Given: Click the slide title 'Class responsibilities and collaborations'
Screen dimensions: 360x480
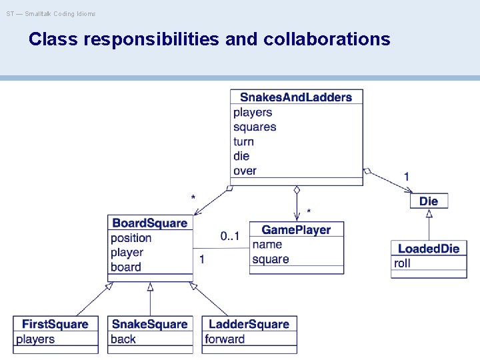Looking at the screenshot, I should click(209, 39).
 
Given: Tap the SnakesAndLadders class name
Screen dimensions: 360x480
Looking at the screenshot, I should click(296, 97).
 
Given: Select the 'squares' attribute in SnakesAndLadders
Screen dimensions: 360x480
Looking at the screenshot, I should click(255, 127).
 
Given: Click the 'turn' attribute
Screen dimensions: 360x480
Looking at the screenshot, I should click(243, 141).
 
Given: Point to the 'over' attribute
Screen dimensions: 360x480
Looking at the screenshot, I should click(245, 171).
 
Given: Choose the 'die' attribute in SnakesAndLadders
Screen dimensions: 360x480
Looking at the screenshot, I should click(241, 156).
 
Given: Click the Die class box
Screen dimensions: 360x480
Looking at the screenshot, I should click(429, 201).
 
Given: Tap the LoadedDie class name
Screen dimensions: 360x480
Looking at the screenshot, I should click(429, 249).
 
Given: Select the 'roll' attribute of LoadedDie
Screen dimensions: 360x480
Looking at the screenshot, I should click(403, 263).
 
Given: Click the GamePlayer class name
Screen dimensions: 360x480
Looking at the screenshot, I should click(296, 230).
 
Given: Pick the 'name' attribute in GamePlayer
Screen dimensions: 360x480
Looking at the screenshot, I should click(267, 245).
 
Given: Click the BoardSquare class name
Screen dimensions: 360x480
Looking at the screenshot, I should click(150, 223).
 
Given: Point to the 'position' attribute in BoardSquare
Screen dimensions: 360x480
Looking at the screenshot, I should click(131, 238).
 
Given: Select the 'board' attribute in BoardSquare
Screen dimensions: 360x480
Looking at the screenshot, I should click(126, 267).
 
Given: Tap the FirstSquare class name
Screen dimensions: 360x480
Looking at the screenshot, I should click(55, 325).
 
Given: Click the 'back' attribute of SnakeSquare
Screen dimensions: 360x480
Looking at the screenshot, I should click(123, 339).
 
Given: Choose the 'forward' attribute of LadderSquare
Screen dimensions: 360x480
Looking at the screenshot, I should click(225, 339).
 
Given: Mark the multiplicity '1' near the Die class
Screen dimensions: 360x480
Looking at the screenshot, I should click(407, 177).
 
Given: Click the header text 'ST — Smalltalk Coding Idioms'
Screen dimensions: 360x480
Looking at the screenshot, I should click(51, 13).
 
